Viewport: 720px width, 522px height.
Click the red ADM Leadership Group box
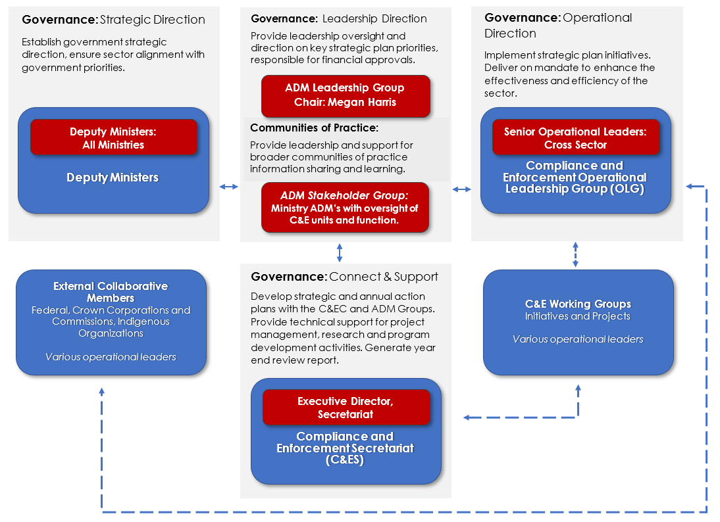click(x=346, y=95)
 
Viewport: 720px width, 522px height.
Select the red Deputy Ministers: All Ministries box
click(x=113, y=137)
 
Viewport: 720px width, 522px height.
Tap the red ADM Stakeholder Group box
click(x=345, y=207)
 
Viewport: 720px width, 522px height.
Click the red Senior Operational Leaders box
click(x=575, y=137)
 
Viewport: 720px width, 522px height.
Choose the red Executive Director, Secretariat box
click(x=346, y=408)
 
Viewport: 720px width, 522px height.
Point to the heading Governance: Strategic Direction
click(x=114, y=20)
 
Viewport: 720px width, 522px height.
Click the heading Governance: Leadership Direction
click(x=339, y=18)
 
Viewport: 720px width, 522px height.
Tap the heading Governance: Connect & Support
click(x=344, y=277)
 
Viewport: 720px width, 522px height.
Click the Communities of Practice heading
click(x=314, y=128)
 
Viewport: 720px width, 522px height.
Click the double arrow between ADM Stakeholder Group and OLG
click(x=462, y=189)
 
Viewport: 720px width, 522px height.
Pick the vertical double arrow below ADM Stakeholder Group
click(x=340, y=252)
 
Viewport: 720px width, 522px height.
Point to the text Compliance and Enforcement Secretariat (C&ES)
click(x=345, y=448)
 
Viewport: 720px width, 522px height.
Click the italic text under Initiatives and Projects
click(x=578, y=339)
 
